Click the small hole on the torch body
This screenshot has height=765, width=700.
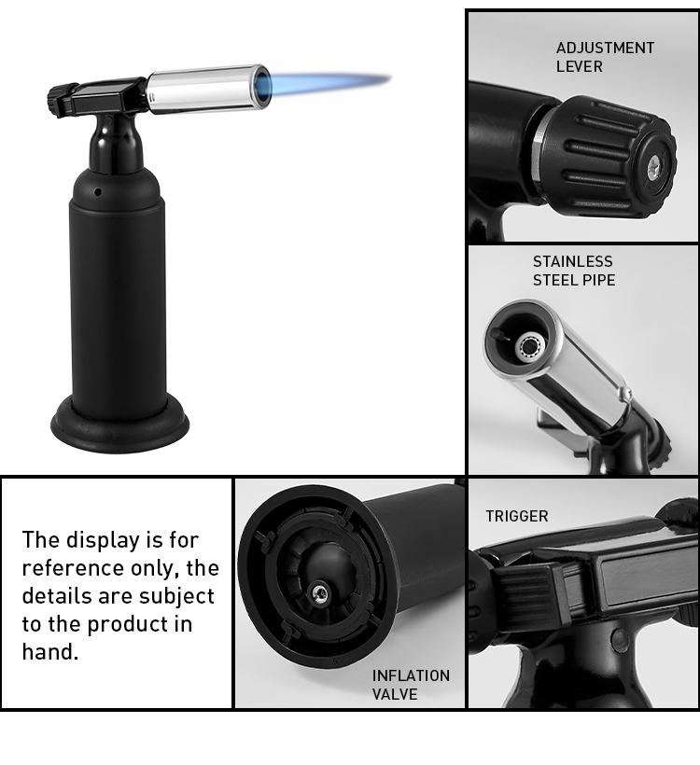coord(97,191)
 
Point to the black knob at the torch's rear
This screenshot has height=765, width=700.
coord(62,99)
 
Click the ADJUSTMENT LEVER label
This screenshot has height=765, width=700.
coord(605,57)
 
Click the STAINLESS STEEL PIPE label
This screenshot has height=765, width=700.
coord(574,271)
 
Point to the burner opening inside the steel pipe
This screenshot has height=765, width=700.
coord(529,346)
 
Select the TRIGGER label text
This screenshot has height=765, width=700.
coord(516,516)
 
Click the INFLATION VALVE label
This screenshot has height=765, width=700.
coord(411,685)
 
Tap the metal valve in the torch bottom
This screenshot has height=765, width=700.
coord(320,589)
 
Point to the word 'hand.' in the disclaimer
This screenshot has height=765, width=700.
coord(50,652)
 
